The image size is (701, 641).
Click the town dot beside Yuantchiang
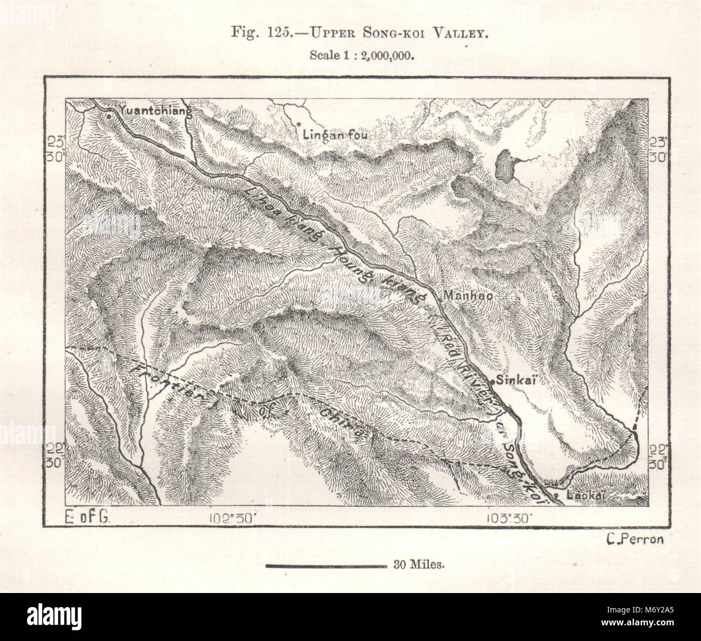(109, 115)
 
